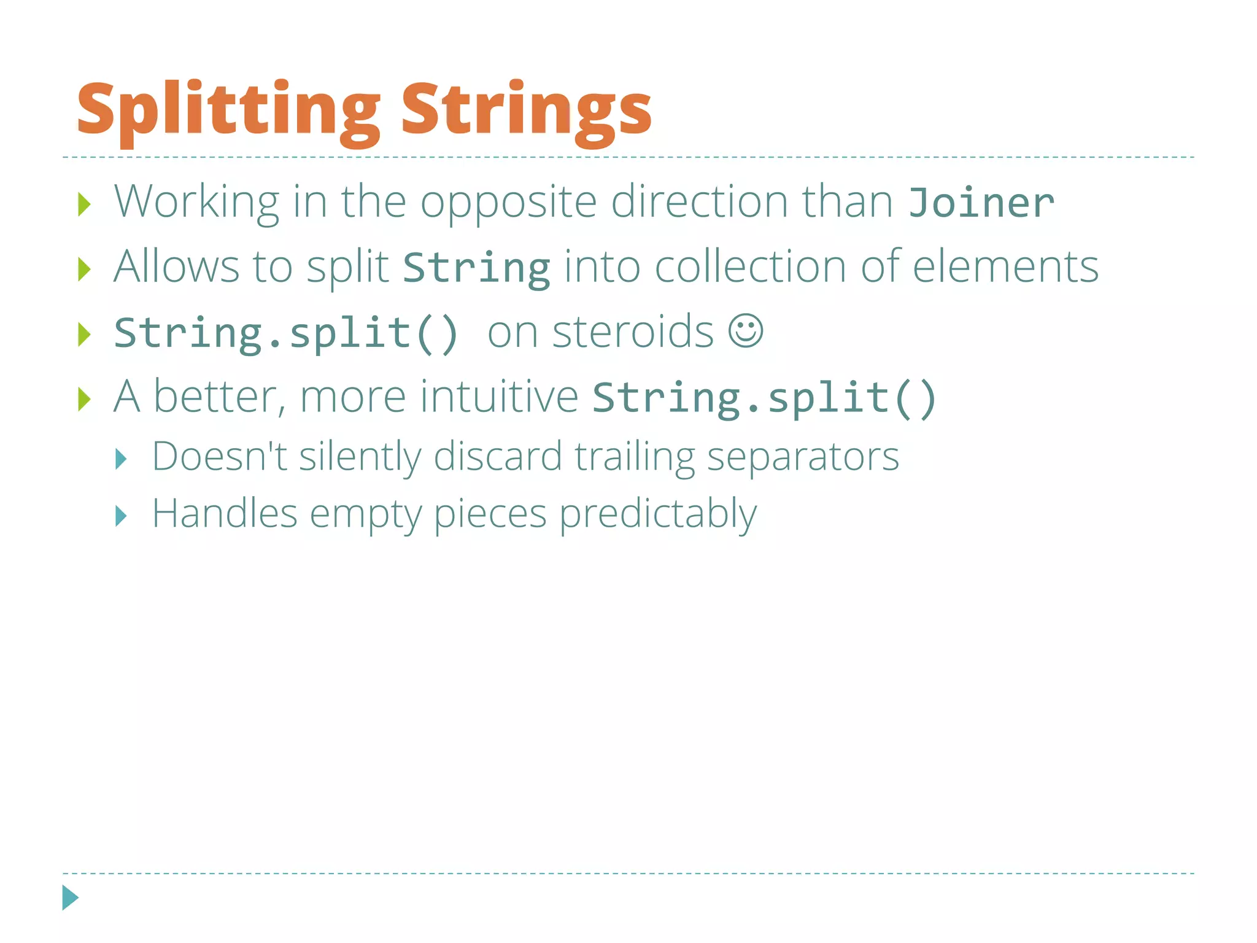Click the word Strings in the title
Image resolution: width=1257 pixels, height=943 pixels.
pos(526,111)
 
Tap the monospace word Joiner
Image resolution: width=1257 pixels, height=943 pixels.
pos(981,203)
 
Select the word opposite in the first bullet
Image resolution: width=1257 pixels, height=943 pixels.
pos(508,203)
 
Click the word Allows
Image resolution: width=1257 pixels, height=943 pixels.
pos(177,266)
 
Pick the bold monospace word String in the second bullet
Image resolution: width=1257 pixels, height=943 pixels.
pos(476,269)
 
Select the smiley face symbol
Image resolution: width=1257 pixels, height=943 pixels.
pos(746,332)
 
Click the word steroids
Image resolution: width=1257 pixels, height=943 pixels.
pos(633,332)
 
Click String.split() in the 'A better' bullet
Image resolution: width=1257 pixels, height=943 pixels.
pos(764,398)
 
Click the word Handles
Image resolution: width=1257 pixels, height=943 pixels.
pos(225,513)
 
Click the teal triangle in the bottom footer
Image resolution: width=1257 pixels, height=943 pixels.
pos(70,898)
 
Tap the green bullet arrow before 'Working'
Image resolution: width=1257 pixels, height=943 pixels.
pos(84,204)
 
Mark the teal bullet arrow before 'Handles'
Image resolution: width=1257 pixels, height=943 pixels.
pos(121,516)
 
